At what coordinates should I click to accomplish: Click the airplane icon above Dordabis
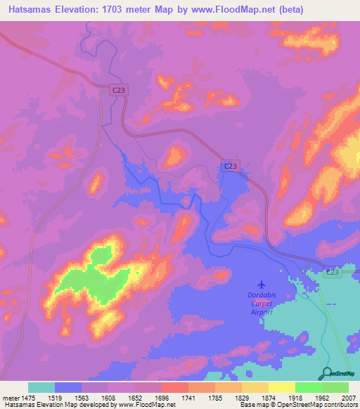(262, 285)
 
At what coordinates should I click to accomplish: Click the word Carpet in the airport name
(262, 304)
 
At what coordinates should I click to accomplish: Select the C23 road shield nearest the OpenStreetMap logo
(333, 271)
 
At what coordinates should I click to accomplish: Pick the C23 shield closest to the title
(118, 89)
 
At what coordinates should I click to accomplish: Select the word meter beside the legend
(11, 398)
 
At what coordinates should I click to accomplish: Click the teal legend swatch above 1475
(41, 387)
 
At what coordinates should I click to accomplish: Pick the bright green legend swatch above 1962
(308, 387)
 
